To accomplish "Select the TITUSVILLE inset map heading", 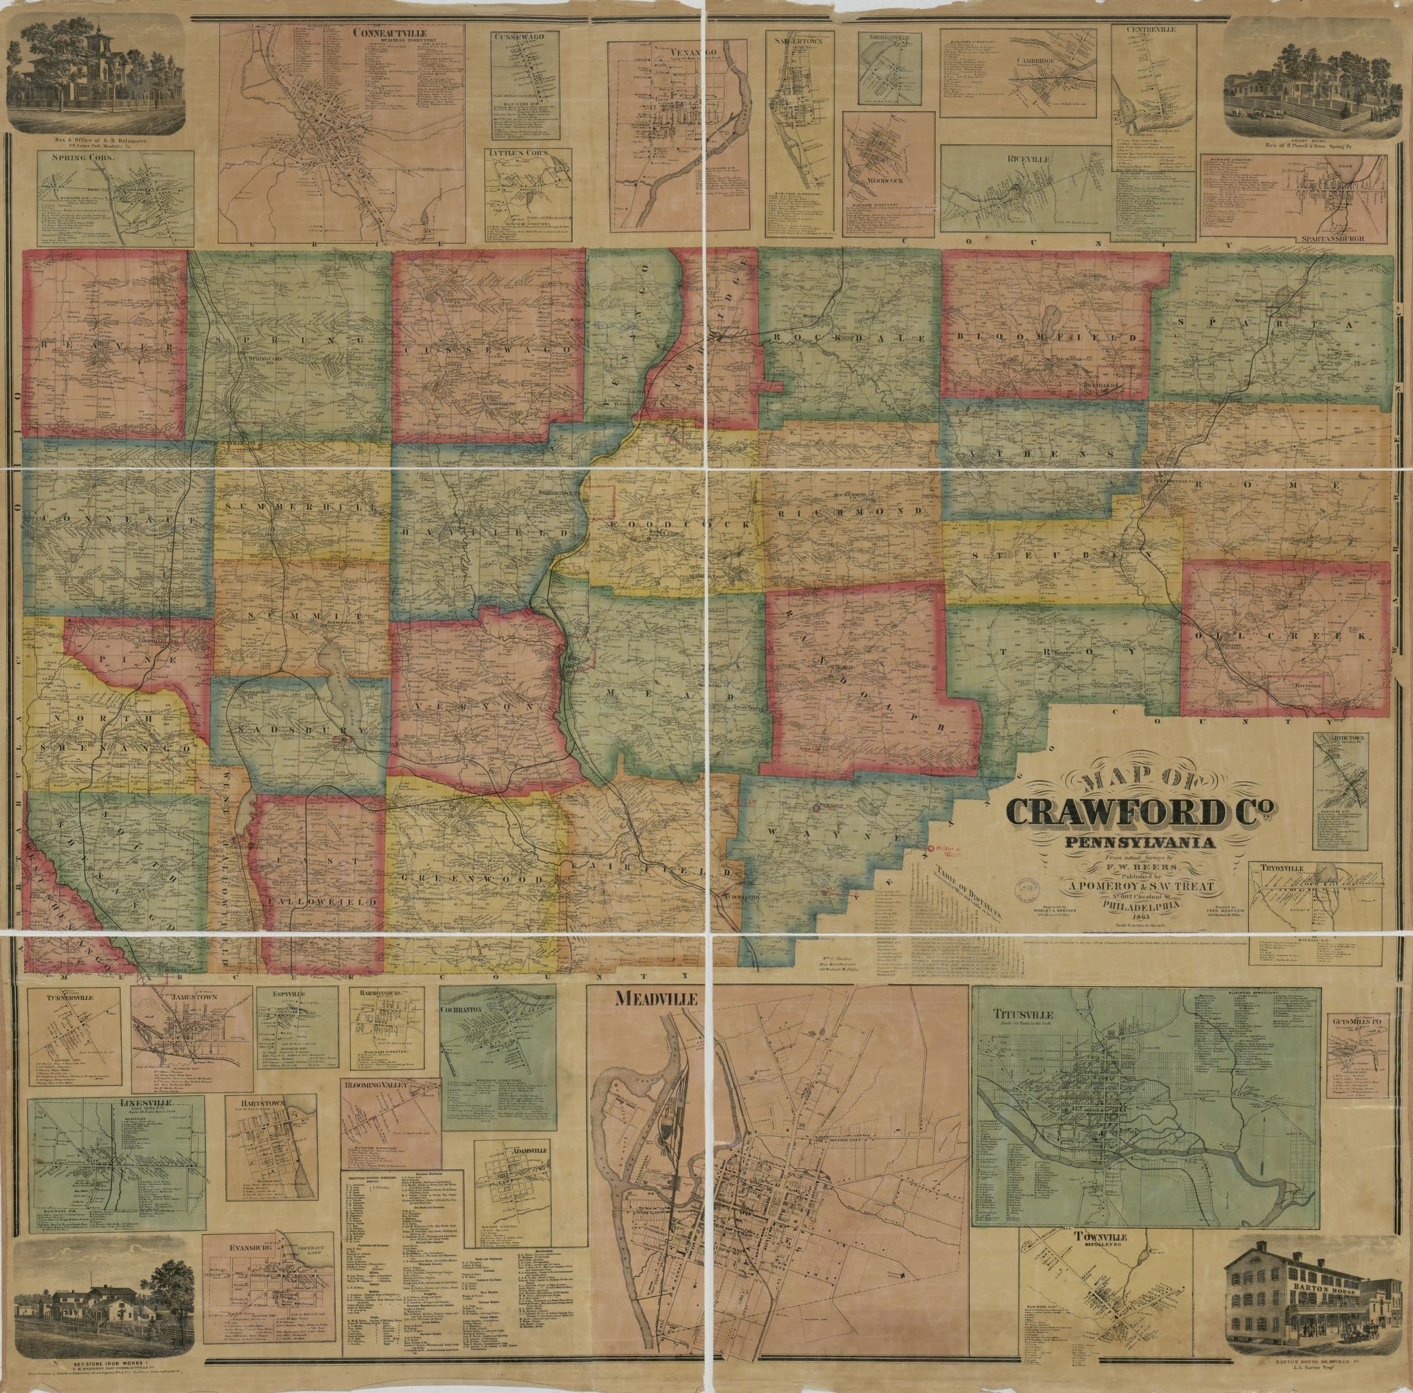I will tap(1019, 1015).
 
